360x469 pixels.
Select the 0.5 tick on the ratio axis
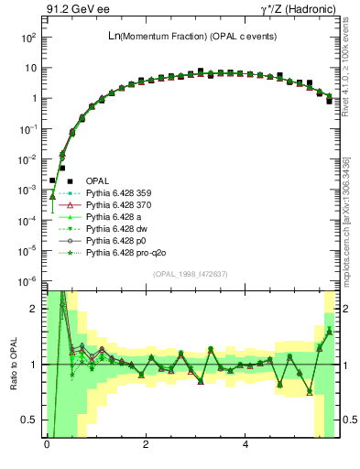coord(27,420)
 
